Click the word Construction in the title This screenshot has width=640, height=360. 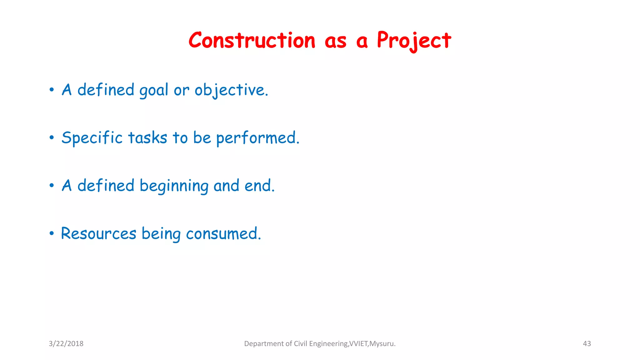252,41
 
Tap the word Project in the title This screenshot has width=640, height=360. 414,41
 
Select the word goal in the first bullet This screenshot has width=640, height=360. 154,90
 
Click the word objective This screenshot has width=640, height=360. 231,90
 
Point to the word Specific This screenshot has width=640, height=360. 92,138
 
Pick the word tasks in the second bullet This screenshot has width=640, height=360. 147,138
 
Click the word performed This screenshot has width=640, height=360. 257,138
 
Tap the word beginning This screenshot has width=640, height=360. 174,186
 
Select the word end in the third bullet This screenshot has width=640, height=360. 259,186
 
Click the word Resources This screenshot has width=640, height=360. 98,234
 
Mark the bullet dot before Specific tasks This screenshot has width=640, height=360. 52,138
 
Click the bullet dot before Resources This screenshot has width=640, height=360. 52,233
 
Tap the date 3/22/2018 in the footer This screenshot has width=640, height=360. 66,344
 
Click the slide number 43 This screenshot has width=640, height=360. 587,344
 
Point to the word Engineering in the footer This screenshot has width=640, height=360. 328,344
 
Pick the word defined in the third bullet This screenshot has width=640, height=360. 106,186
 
